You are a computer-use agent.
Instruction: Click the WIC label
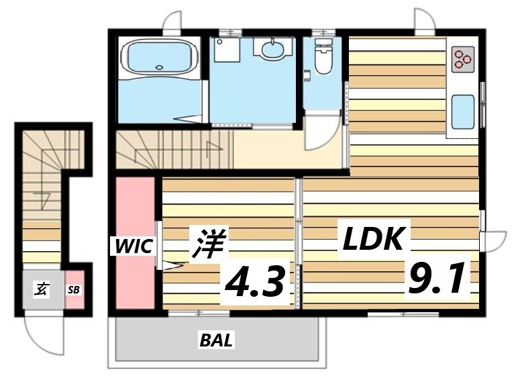[x=134, y=246]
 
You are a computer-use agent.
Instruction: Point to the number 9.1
[x=436, y=279]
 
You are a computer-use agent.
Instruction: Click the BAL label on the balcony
[x=216, y=340]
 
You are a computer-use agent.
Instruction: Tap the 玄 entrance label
[x=41, y=289]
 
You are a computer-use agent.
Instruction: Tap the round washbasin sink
[x=272, y=48]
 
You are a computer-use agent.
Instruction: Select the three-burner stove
[x=462, y=59]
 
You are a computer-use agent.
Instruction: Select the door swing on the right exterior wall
[x=495, y=240]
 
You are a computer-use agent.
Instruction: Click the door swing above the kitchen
[x=425, y=21]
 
